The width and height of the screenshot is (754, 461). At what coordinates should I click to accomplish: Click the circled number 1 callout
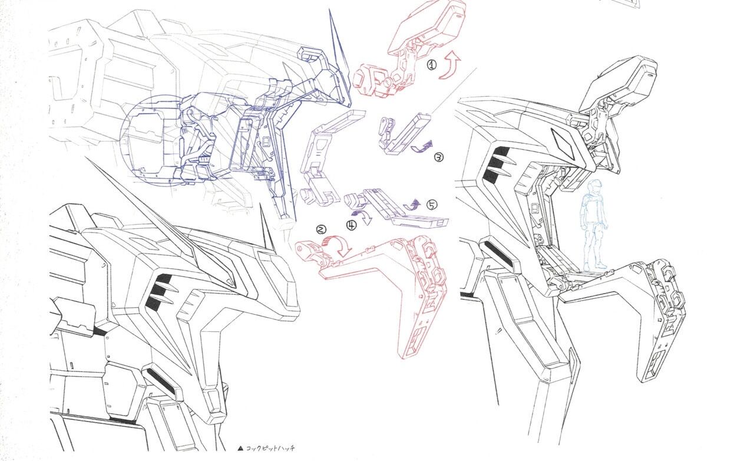(x=432, y=65)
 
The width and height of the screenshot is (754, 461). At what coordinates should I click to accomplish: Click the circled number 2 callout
(x=321, y=229)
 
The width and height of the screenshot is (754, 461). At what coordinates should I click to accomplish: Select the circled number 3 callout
(x=439, y=157)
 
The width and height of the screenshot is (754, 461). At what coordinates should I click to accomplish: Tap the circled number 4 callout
(x=352, y=225)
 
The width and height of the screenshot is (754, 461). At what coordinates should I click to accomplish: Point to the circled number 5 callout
(x=432, y=205)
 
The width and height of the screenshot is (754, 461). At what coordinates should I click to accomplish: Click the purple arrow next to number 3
(x=422, y=147)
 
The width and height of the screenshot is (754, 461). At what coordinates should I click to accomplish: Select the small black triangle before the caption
(x=240, y=449)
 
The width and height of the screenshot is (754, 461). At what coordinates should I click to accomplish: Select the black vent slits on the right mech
(x=495, y=165)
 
